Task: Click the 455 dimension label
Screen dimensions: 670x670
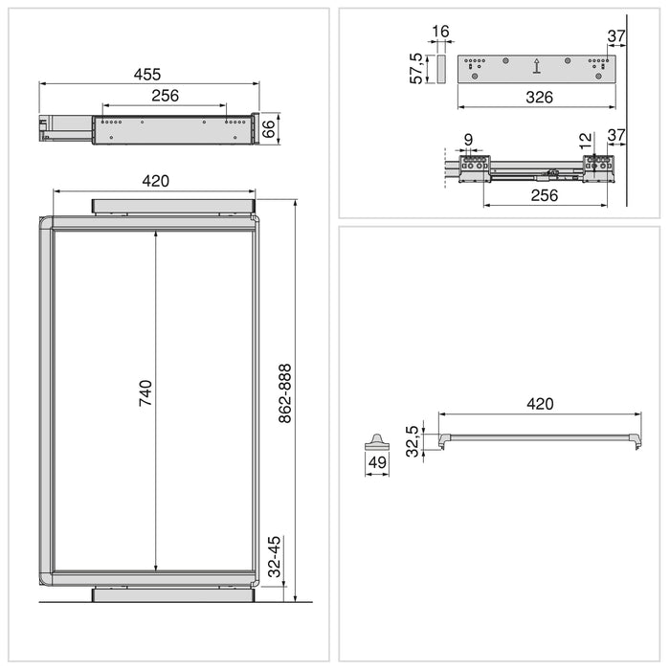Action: [x=146, y=74]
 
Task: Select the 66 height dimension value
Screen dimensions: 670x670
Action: [x=269, y=128]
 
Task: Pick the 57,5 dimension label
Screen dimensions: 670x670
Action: [x=417, y=70]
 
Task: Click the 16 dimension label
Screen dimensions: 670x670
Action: [x=440, y=33]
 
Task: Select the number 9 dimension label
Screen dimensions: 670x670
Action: [x=468, y=140]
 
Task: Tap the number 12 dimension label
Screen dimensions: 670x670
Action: [x=587, y=140]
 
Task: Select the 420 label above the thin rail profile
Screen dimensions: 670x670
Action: [x=540, y=404]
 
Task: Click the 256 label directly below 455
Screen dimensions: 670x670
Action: [x=165, y=96]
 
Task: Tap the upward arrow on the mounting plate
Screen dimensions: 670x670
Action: [x=537, y=67]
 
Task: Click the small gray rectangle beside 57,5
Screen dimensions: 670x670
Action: [x=440, y=69]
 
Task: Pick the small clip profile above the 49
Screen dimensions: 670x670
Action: [x=375, y=441]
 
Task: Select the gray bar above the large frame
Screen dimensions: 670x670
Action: [x=173, y=207]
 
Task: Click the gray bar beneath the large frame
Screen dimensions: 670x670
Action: [x=173, y=594]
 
